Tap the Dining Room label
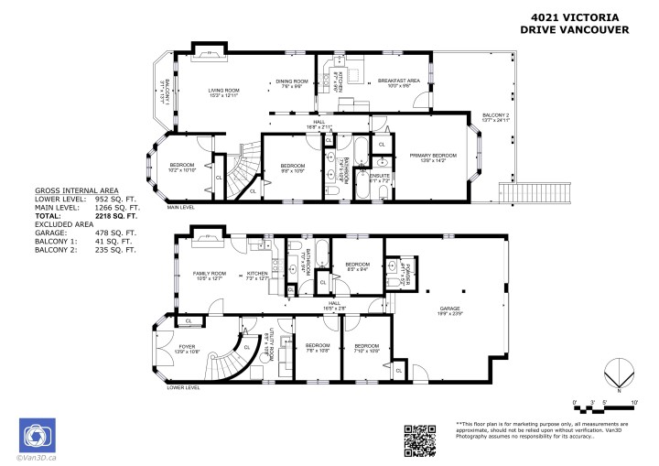(x=290, y=83)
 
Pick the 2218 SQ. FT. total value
(x=117, y=216)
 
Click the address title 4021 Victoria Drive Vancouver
(x=575, y=23)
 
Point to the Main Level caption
(x=180, y=208)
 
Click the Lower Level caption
(x=183, y=387)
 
